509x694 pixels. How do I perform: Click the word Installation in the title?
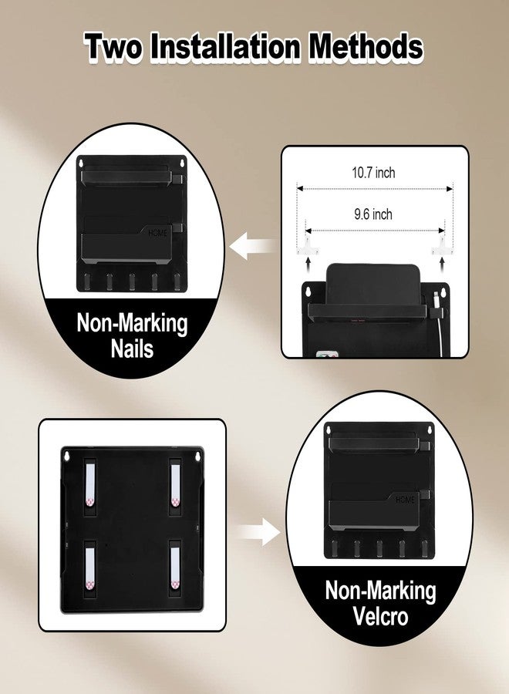click(x=225, y=46)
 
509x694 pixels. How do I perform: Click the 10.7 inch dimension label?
click(x=373, y=172)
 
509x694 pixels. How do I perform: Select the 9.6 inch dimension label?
click(x=373, y=214)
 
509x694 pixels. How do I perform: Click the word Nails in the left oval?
click(x=132, y=349)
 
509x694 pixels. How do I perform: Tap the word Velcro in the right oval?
click(x=380, y=615)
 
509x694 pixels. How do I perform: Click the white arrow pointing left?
click(x=254, y=246)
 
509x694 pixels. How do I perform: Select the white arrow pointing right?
click(x=258, y=531)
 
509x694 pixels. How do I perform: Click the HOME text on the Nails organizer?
click(x=157, y=233)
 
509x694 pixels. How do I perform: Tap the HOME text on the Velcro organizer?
click(x=405, y=499)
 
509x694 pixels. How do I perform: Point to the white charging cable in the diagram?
click(x=437, y=318)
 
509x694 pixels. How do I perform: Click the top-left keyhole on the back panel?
click(x=66, y=456)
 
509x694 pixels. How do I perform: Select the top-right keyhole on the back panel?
click(x=199, y=456)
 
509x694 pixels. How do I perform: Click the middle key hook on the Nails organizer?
click(x=132, y=282)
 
